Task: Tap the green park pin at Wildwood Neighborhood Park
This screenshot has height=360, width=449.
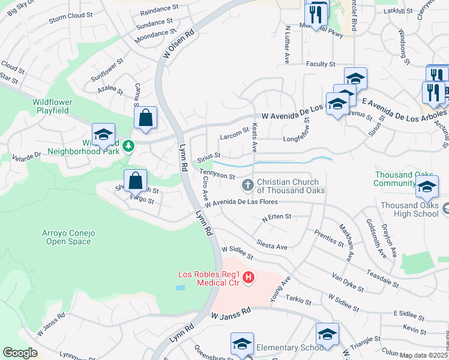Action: pyautogui.click(x=127, y=146)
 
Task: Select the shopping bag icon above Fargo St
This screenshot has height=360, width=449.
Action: pyautogui.click(x=136, y=179)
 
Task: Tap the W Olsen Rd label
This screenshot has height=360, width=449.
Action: pyautogui.click(x=176, y=44)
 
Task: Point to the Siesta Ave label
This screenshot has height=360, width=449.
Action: pyautogui.click(x=271, y=244)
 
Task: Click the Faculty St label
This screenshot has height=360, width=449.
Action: pyautogui.click(x=320, y=64)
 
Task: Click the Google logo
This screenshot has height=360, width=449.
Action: pyautogui.click(x=20, y=353)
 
